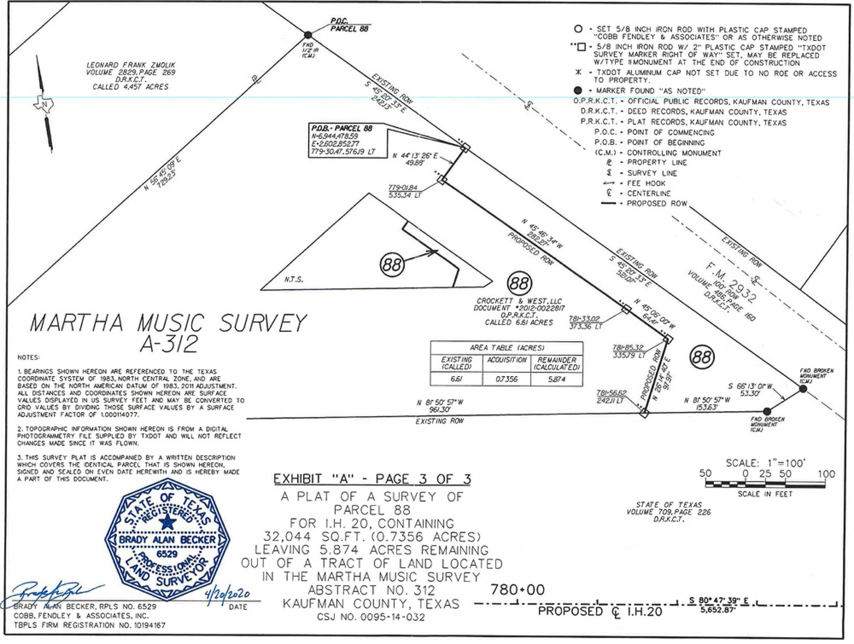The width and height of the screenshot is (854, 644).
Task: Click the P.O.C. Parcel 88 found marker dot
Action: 308,35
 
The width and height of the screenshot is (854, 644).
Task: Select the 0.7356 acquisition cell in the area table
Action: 506,379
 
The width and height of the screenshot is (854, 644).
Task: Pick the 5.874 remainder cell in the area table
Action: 556,379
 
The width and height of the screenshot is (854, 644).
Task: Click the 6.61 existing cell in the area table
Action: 456,379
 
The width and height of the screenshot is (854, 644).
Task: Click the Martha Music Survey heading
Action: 168,323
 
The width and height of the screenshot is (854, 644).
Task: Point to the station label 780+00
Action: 517,590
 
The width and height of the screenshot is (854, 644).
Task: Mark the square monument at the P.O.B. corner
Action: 465,147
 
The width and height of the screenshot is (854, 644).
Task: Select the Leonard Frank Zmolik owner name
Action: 131,65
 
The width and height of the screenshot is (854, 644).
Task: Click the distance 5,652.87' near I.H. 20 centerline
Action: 718,611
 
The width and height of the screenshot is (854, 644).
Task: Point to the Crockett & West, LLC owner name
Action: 519,301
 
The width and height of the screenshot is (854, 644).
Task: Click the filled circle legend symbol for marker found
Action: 578,90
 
